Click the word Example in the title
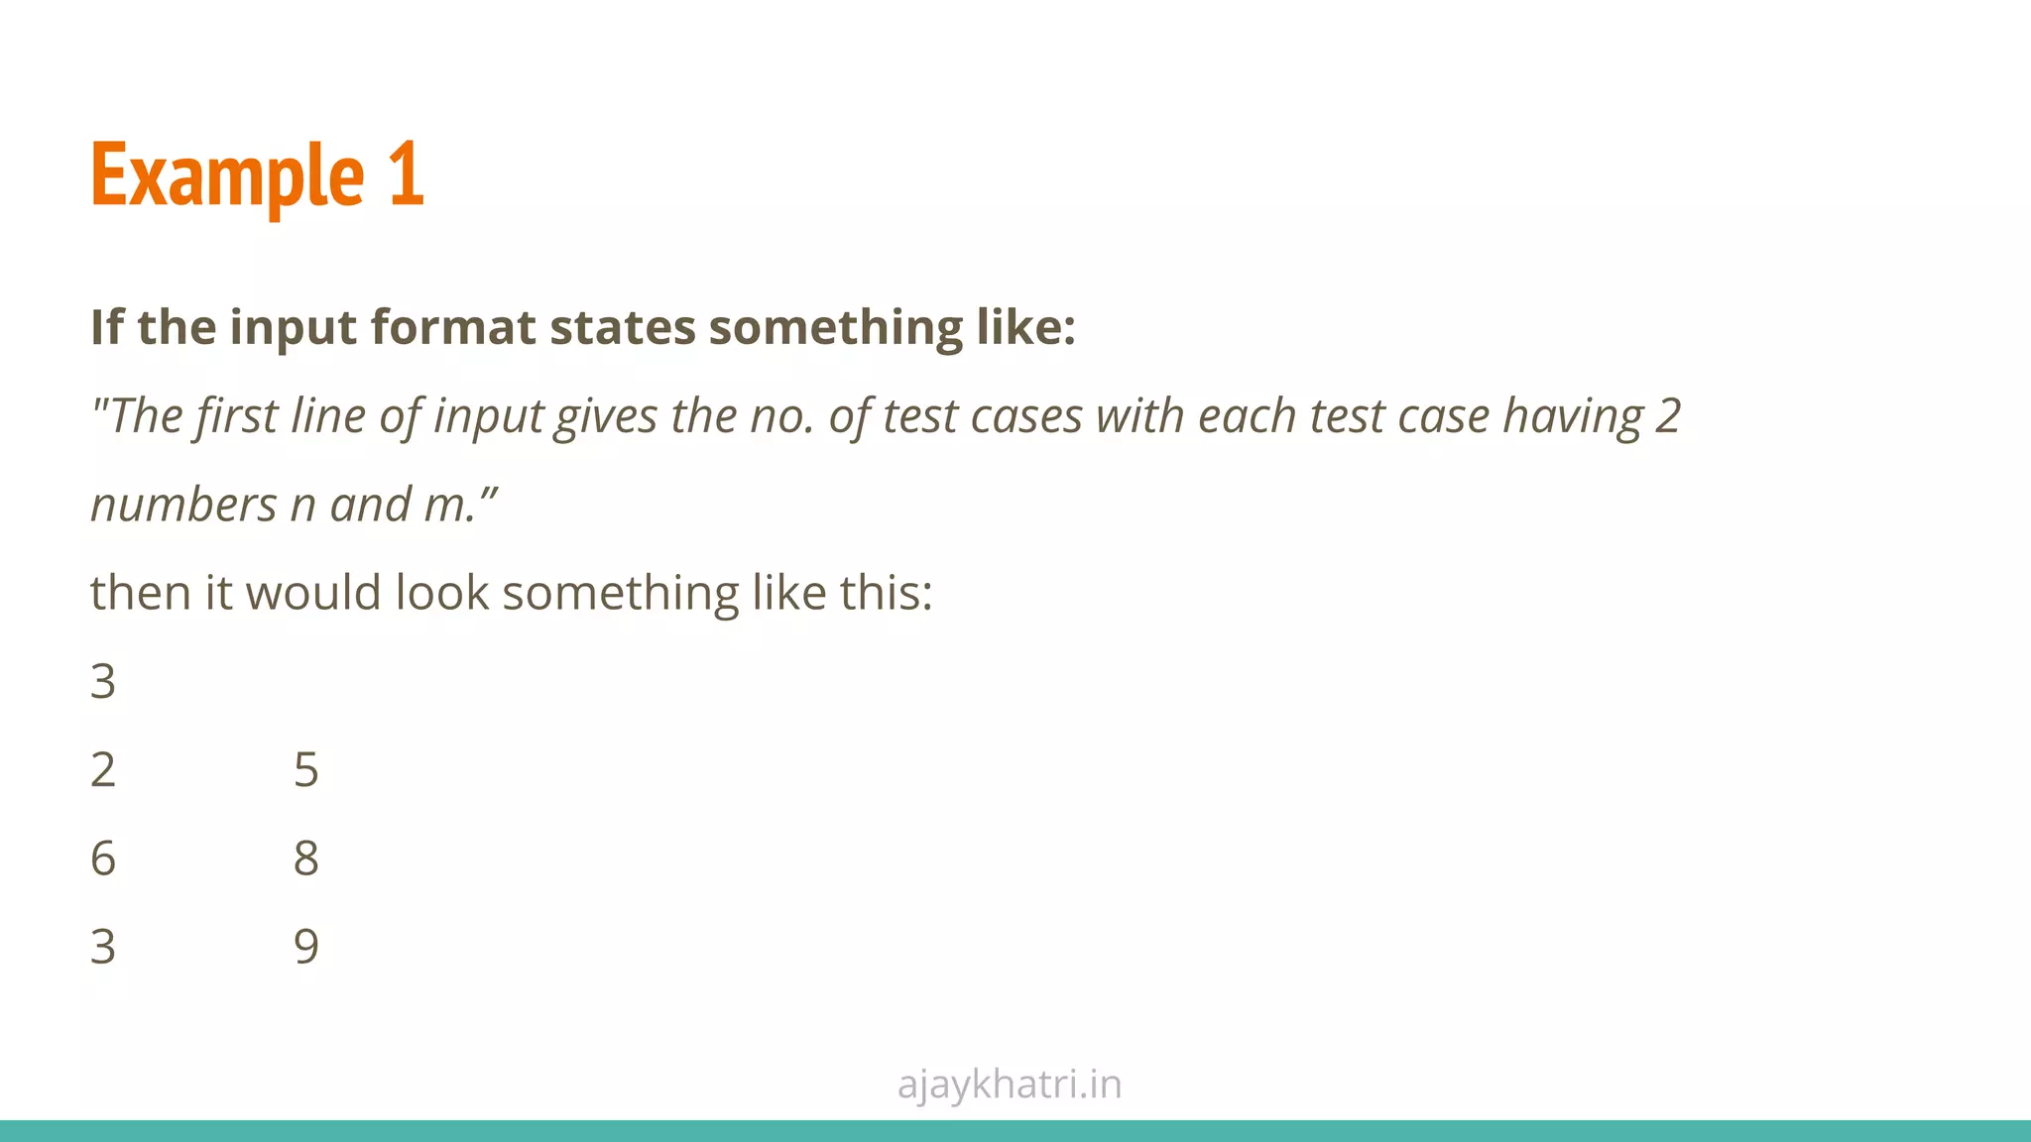[x=227, y=175]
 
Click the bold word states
[x=623, y=327]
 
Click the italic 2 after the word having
[x=1668, y=415]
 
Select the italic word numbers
[x=183, y=505]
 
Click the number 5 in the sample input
[x=306, y=770]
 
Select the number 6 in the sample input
[x=103, y=858]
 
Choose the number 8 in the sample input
[x=306, y=858]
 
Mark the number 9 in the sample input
[x=306, y=947]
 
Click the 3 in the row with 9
[x=103, y=947]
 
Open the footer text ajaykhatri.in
[x=1010, y=1085]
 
